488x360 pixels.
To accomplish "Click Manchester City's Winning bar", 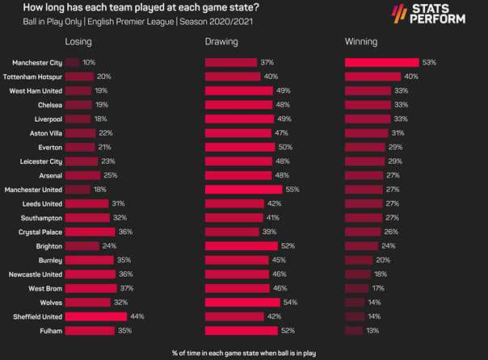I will click(381, 62).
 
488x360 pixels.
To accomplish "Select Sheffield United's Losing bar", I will click(90, 316).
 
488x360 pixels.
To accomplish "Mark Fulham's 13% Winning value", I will click(372, 331).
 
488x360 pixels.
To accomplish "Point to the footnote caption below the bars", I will click(243, 353).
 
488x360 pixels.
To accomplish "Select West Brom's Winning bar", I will click(356, 288).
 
